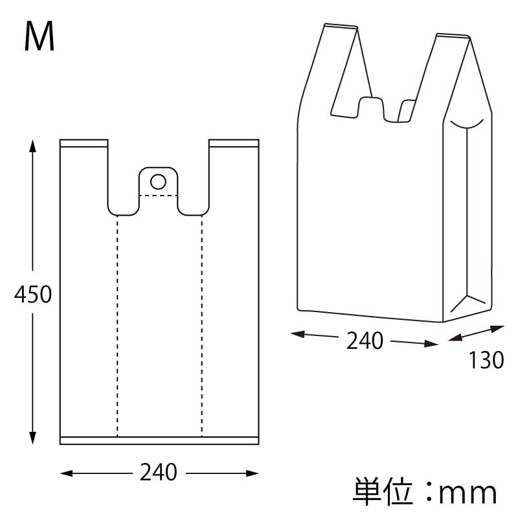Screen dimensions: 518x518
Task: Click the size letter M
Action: click(x=39, y=38)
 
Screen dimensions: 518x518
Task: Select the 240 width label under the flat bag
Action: click(x=159, y=473)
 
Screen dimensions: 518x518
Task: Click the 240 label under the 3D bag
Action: click(x=365, y=341)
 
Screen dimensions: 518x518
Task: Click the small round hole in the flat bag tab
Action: click(x=159, y=179)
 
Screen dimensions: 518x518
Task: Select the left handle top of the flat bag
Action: click(x=84, y=143)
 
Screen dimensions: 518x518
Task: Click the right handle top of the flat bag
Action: click(x=234, y=143)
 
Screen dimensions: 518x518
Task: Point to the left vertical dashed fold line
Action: click(x=117, y=324)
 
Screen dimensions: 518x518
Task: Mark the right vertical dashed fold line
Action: click(x=201, y=324)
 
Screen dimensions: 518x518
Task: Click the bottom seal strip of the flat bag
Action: click(x=159, y=440)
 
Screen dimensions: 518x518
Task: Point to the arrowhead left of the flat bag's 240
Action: click(x=65, y=474)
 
